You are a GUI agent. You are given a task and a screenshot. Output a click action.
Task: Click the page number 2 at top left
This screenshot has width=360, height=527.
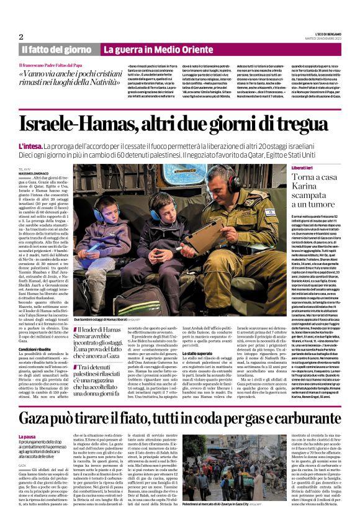click(21, 37)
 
